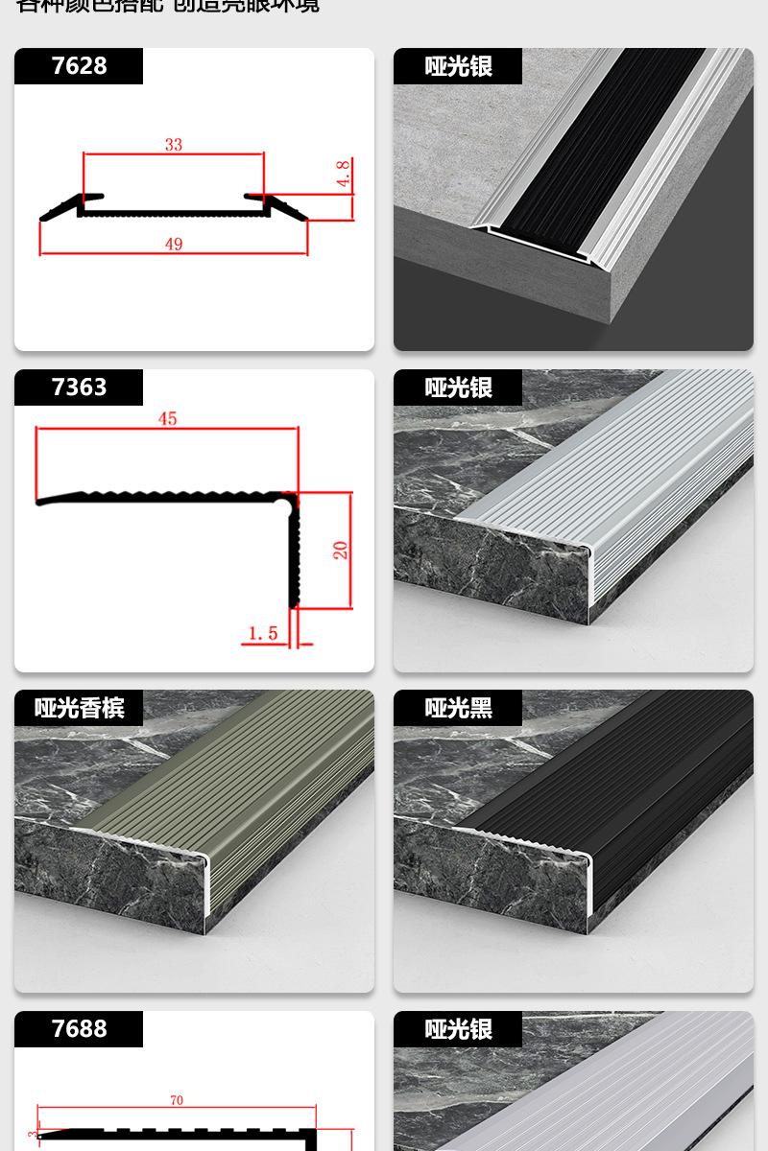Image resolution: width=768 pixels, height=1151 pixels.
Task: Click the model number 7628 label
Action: (x=79, y=66)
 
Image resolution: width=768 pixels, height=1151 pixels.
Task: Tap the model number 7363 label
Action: (x=79, y=388)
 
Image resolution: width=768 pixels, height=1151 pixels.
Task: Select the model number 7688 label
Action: (x=79, y=1029)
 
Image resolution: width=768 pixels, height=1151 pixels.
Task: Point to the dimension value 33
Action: (x=173, y=146)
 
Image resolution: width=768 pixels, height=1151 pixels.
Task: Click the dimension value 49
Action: (x=173, y=244)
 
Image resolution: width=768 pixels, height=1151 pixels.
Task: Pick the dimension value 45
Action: (x=168, y=419)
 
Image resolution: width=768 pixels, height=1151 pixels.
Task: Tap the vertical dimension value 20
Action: (x=340, y=550)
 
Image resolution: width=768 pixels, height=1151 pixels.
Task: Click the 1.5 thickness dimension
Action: (x=262, y=633)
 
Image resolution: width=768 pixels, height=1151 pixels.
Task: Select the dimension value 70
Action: (x=177, y=1101)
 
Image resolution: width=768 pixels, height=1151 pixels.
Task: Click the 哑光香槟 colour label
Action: (x=79, y=708)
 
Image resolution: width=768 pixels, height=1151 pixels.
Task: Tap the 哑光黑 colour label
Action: (x=458, y=708)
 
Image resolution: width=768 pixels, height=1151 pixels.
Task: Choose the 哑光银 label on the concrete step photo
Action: (x=458, y=66)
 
